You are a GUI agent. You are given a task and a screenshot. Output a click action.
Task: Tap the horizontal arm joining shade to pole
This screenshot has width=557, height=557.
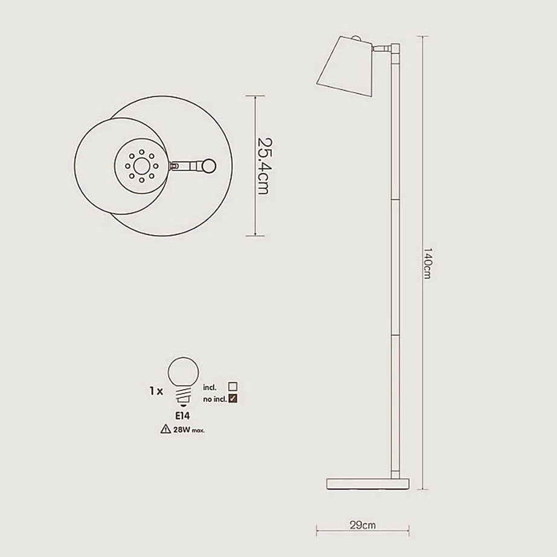click(x=382, y=48)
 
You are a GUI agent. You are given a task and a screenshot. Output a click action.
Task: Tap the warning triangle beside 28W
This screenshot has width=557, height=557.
click(x=165, y=430)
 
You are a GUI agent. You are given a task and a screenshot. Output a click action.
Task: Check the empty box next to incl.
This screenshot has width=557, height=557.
click(x=233, y=385)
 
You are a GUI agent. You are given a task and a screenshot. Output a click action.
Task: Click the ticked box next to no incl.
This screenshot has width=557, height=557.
click(x=233, y=397)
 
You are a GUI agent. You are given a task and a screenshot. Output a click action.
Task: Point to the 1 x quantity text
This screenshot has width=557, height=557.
click(x=155, y=391)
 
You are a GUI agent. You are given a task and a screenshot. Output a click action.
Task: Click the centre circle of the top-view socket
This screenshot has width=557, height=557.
click(x=141, y=164)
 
